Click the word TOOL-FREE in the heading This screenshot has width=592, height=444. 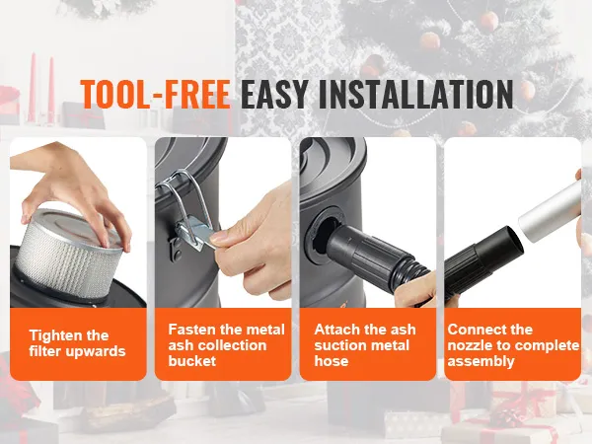(155, 94)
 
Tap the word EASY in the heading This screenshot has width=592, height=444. (273, 94)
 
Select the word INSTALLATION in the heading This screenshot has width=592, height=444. (415, 94)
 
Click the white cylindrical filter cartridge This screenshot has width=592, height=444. (68, 251)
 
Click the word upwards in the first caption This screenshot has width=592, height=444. (96, 351)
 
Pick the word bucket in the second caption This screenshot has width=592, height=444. (192, 361)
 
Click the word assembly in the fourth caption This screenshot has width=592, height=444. (481, 361)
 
